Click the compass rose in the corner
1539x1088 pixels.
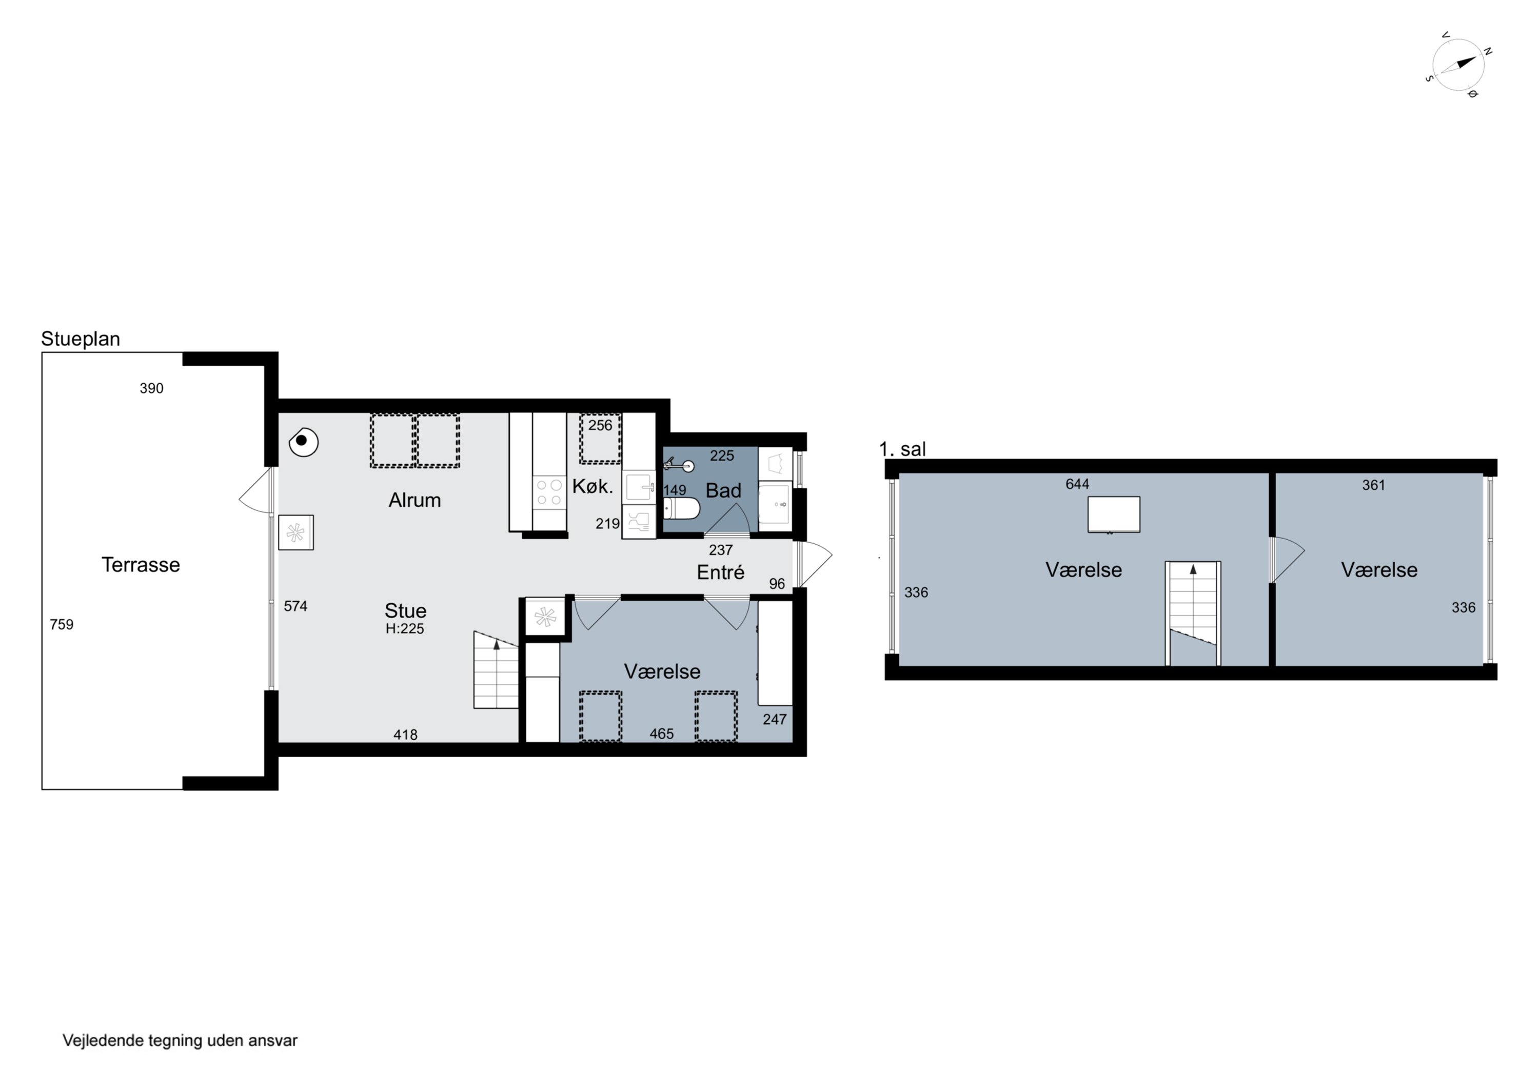tap(1458, 65)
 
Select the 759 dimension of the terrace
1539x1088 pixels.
tap(62, 624)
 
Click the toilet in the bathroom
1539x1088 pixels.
tap(681, 509)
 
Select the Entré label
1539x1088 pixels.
tap(721, 572)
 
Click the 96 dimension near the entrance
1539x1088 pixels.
tap(777, 584)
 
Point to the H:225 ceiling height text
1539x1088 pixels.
tap(405, 628)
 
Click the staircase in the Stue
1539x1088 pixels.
tap(496, 670)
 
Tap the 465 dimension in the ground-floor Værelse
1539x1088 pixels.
tap(662, 734)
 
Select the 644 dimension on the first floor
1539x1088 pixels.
tap(1077, 484)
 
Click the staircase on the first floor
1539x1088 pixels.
tap(1193, 614)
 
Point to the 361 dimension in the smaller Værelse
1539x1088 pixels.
tap(1373, 485)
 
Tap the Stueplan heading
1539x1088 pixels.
tap(81, 339)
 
